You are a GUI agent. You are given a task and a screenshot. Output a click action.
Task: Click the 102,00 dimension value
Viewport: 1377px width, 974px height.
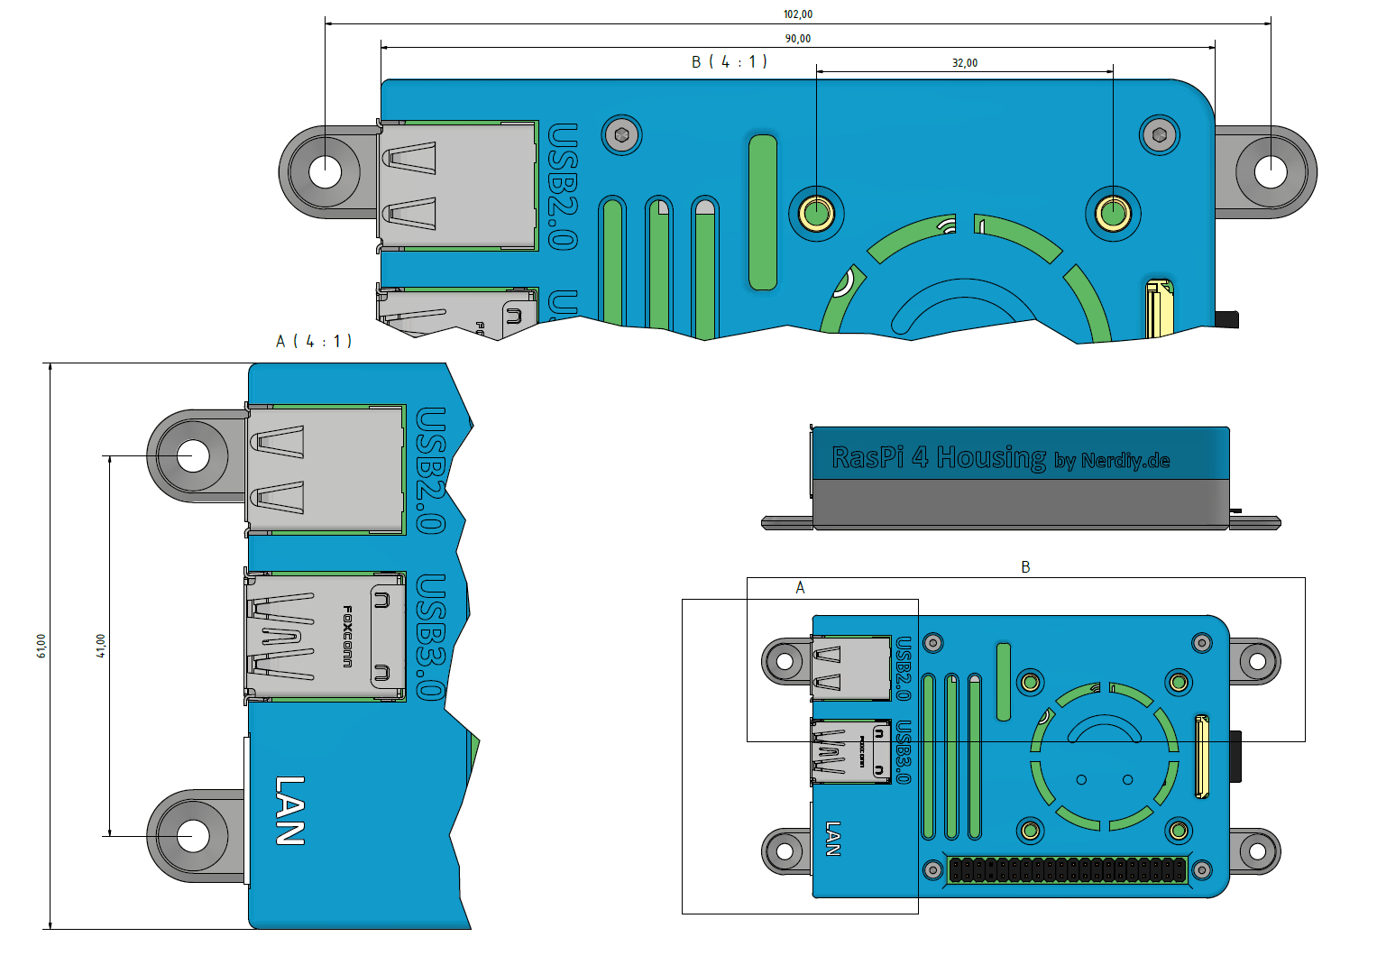tap(798, 14)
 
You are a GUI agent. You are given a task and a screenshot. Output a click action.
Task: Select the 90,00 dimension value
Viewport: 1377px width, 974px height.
tap(798, 39)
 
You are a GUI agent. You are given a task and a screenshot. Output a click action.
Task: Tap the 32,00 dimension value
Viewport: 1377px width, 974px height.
tap(965, 63)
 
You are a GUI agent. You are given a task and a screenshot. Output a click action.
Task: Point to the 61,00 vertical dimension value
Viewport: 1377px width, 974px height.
tap(41, 646)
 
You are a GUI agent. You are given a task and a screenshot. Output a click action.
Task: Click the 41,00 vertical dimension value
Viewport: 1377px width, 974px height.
tap(101, 646)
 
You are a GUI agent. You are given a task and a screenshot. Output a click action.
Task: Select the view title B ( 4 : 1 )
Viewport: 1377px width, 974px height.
tap(730, 62)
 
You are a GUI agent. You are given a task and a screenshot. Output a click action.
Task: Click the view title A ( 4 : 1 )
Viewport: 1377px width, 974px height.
tap(314, 341)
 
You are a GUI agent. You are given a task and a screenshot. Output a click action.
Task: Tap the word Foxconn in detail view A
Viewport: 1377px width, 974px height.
tap(347, 636)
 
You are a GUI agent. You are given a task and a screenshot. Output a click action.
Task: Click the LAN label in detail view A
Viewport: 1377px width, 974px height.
tap(289, 811)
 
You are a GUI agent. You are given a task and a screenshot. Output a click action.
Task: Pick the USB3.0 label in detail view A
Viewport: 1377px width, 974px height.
tap(431, 637)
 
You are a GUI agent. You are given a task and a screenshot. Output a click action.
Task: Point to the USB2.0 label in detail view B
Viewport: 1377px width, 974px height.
tap(563, 187)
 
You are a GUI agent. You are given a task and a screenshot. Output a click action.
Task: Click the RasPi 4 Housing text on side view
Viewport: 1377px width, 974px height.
tap(939, 457)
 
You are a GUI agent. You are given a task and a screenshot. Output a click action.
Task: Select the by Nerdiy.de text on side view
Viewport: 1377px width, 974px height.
tap(1112, 461)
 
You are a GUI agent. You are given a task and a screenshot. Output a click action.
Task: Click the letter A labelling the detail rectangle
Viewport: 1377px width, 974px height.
tap(800, 588)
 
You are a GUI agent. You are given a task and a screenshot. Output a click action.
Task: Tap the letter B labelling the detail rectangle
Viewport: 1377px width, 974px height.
tap(1025, 567)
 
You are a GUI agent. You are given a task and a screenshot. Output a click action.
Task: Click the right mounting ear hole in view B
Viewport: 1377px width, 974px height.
tap(1271, 171)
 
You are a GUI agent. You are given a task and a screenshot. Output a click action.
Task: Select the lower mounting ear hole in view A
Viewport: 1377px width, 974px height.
tap(193, 836)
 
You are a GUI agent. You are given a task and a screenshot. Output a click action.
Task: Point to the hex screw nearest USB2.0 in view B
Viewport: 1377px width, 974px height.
tap(621, 135)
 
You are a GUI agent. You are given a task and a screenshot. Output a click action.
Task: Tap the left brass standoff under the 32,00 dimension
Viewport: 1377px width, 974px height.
tap(817, 214)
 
